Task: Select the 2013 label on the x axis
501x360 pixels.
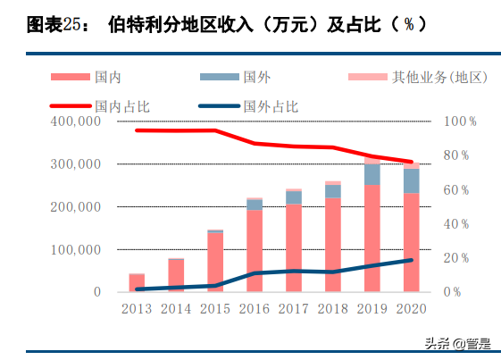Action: [x=137, y=308]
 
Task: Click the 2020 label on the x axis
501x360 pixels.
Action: [x=411, y=308]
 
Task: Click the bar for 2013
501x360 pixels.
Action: [x=137, y=282]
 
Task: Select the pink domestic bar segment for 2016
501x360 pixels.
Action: [x=255, y=251]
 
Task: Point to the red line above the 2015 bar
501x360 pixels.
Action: [x=215, y=130]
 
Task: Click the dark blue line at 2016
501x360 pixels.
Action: [x=255, y=273]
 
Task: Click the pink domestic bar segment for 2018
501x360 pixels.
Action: [x=332, y=245]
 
